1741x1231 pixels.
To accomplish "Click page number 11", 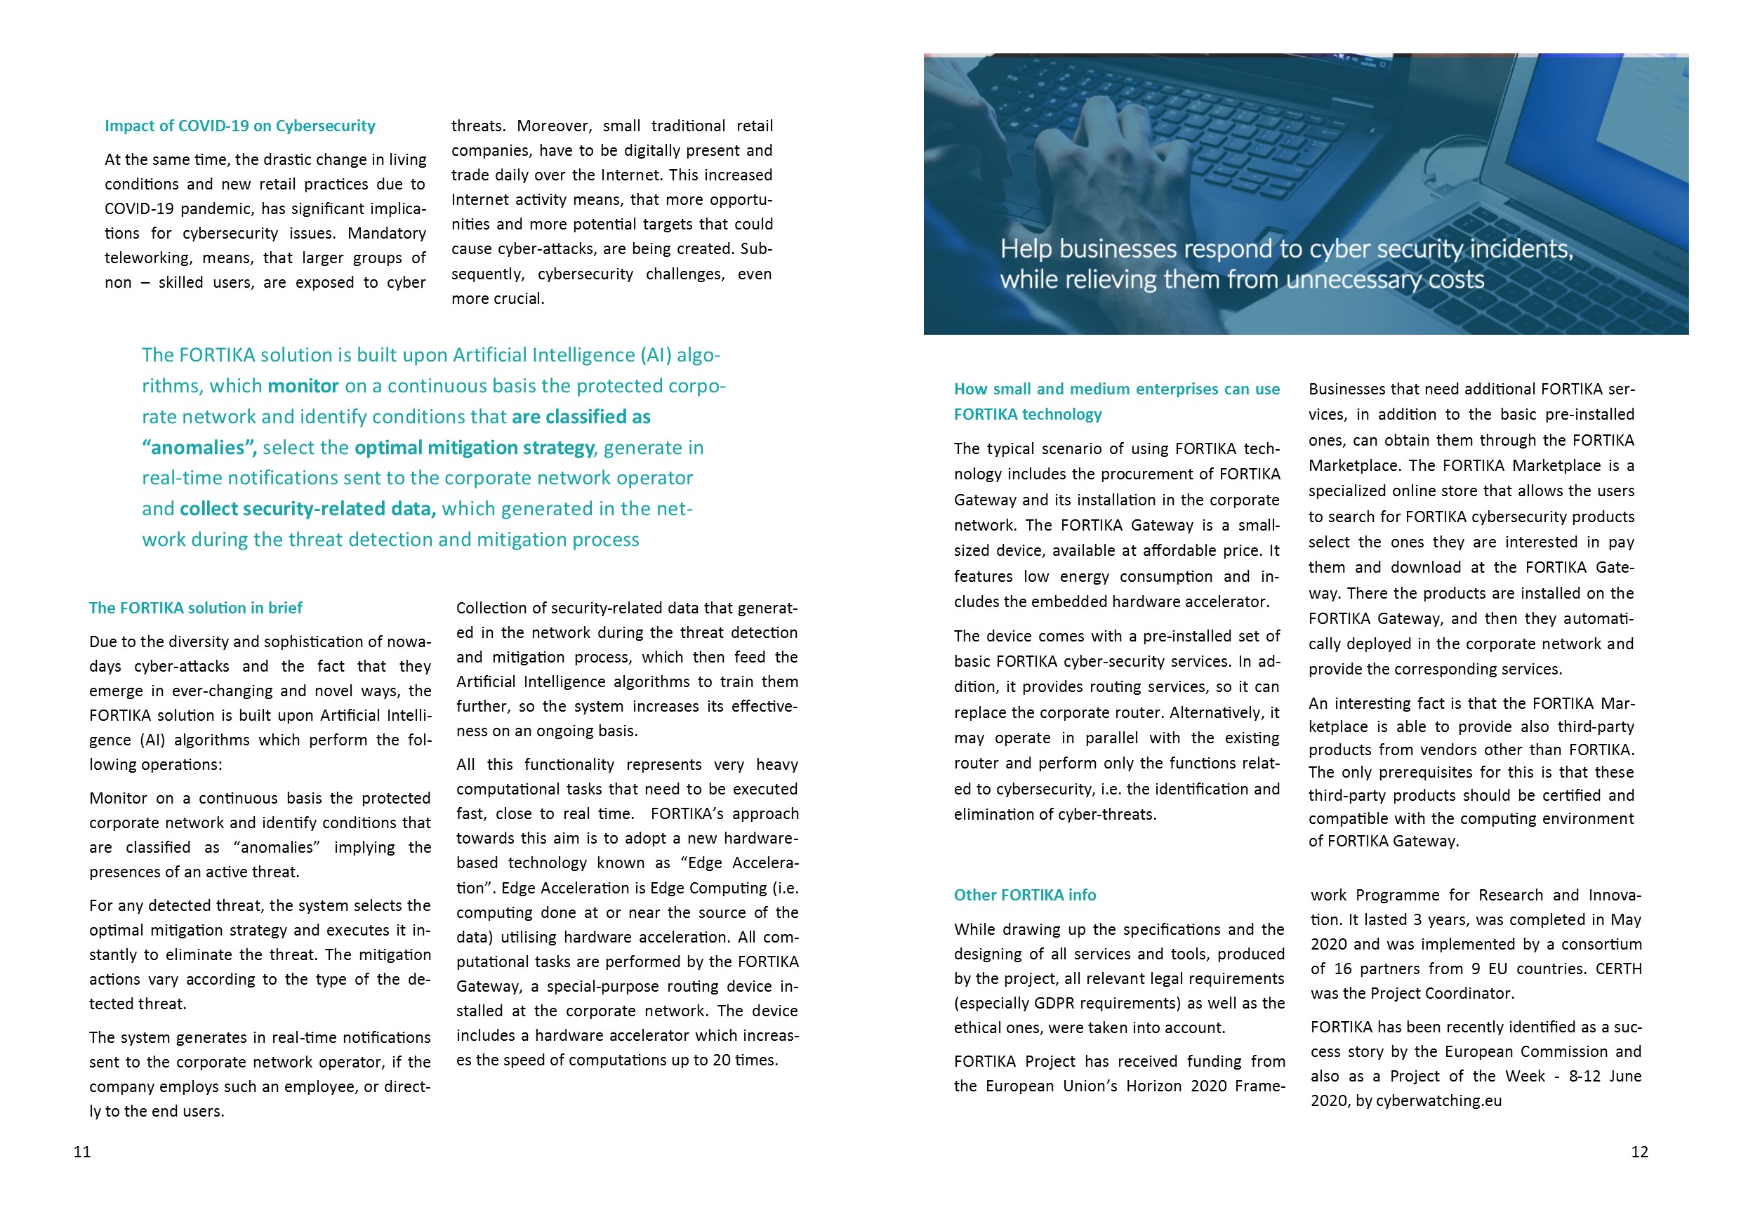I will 82,1152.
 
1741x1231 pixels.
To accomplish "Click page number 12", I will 1639,1152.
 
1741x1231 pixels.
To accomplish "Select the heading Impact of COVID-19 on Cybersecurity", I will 239,126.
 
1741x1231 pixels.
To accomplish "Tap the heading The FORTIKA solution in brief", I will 196,608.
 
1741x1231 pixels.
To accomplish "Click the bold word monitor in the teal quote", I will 303,386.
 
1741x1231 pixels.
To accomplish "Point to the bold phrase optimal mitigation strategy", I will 475,447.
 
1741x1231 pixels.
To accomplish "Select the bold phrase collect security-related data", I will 307,509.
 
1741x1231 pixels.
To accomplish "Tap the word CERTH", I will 1618,969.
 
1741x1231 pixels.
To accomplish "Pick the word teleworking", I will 148,258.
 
